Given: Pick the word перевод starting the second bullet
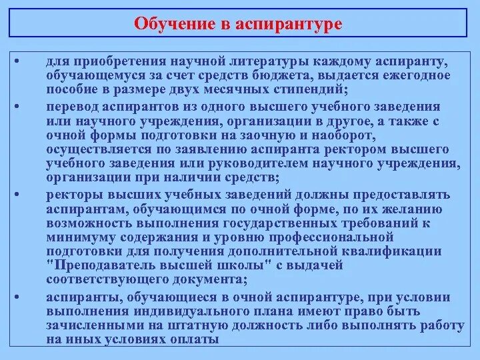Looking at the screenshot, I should (x=71, y=106).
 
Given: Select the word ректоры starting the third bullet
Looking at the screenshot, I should (x=71, y=195).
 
